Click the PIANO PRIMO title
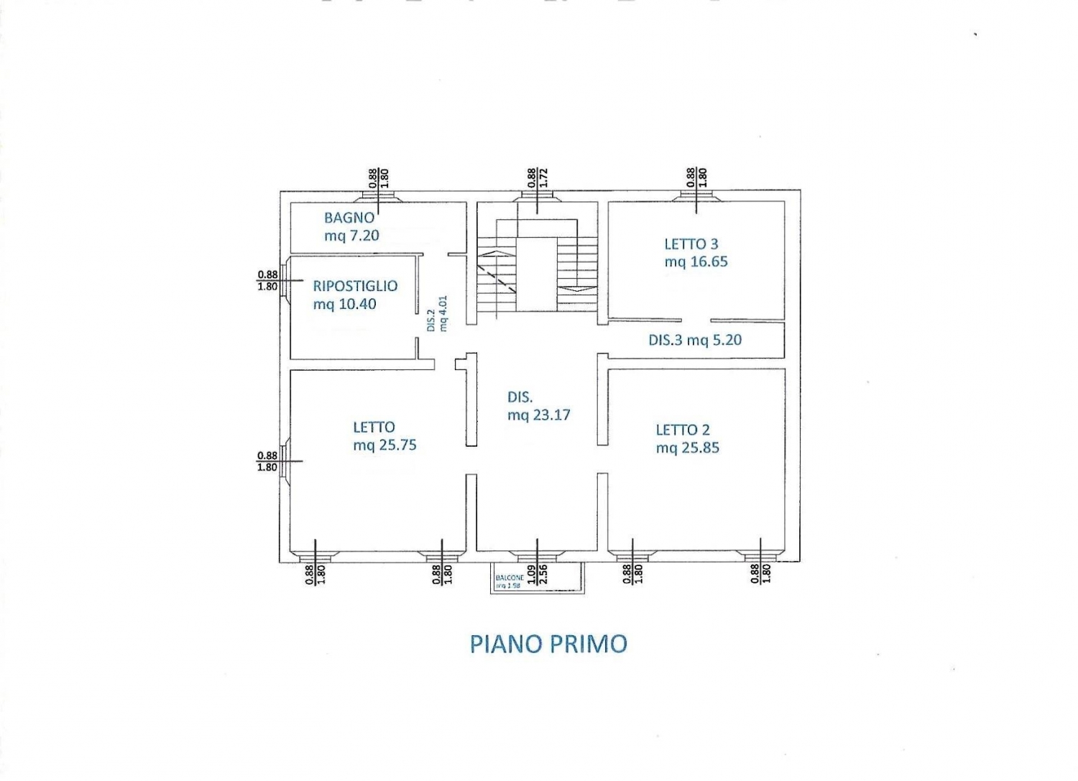coord(548,644)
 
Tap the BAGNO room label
coord(349,217)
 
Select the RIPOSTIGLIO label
coord(355,286)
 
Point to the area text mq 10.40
coord(344,304)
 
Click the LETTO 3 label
coord(691,244)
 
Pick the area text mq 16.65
coord(696,262)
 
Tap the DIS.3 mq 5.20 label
coord(695,340)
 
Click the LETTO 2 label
coord(683,430)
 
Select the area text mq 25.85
coord(687,448)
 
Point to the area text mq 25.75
coord(384,445)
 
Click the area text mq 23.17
coord(538,415)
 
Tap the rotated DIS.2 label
coord(431,320)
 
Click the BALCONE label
coord(510,578)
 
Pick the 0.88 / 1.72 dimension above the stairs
coord(538,177)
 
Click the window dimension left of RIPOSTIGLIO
coord(267,280)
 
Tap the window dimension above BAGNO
coord(378,177)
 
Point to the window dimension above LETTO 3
coord(696,177)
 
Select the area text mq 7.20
coord(351,236)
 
